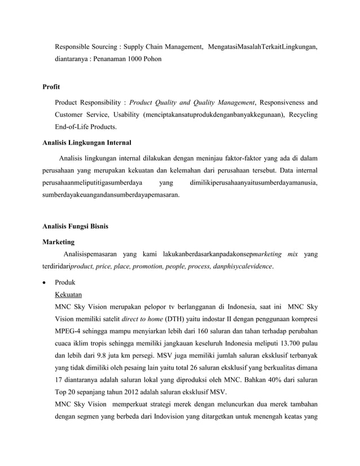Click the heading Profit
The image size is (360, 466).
point(51,87)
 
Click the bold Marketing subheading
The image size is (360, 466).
point(59,241)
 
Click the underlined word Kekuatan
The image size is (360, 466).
point(69,294)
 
